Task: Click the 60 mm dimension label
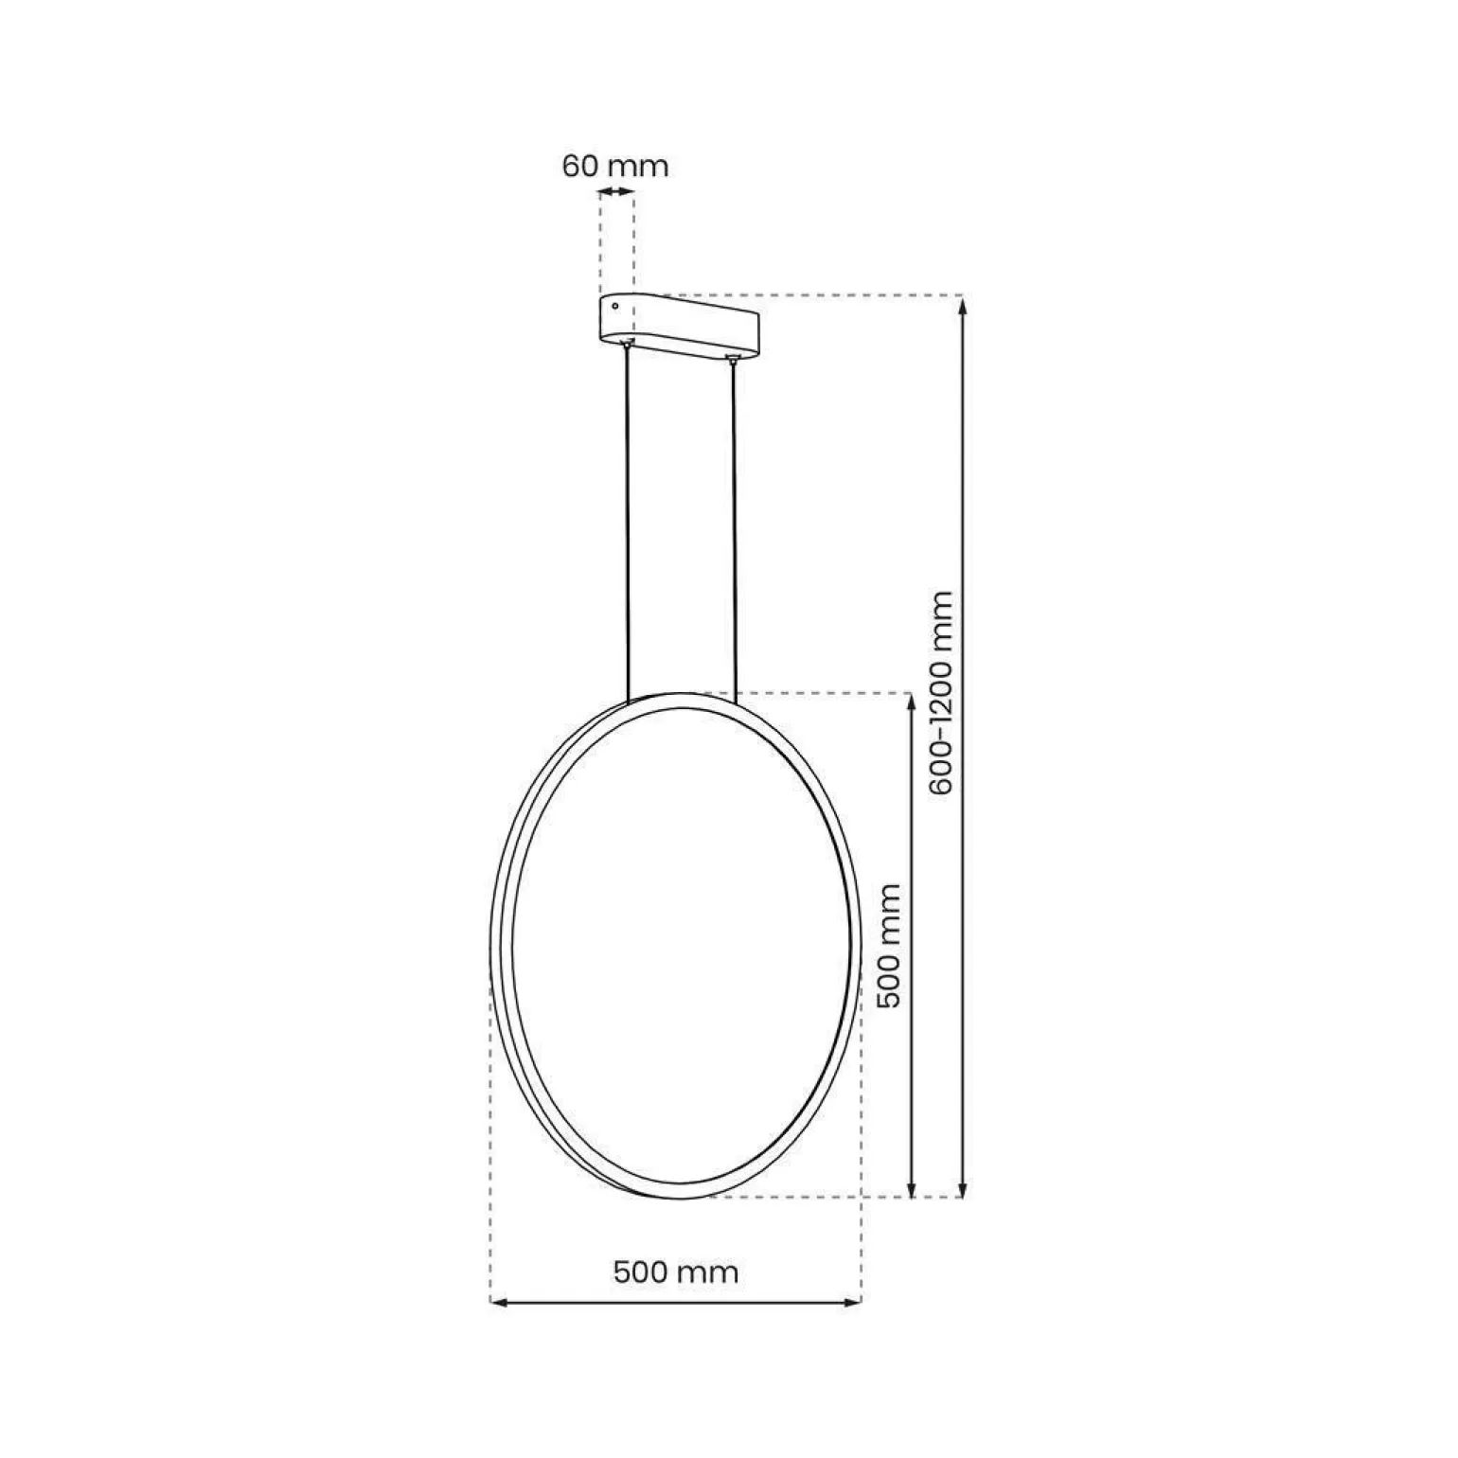pos(615,166)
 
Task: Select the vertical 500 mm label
pos(890,946)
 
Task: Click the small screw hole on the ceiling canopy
pos(616,306)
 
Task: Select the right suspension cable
pos(733,529)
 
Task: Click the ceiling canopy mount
pos(679,329)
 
